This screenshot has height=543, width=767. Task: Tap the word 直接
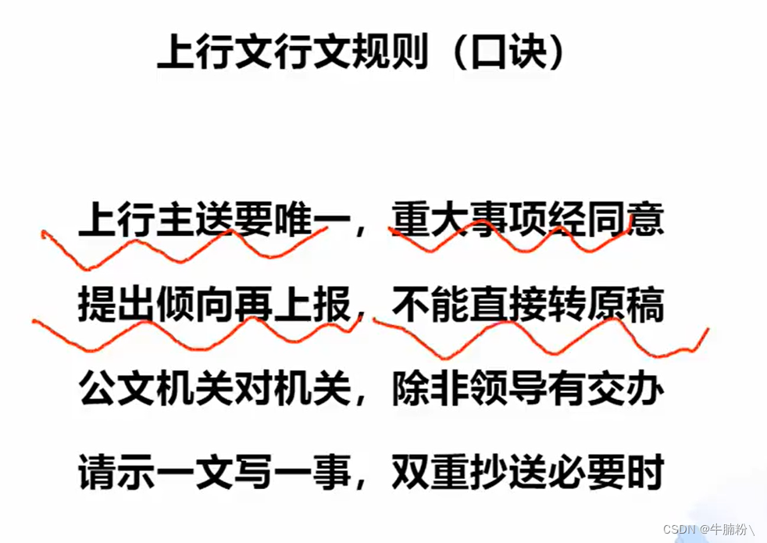click(x=508, y=305)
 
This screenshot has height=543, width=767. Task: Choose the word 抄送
click(x=508, y=472)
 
